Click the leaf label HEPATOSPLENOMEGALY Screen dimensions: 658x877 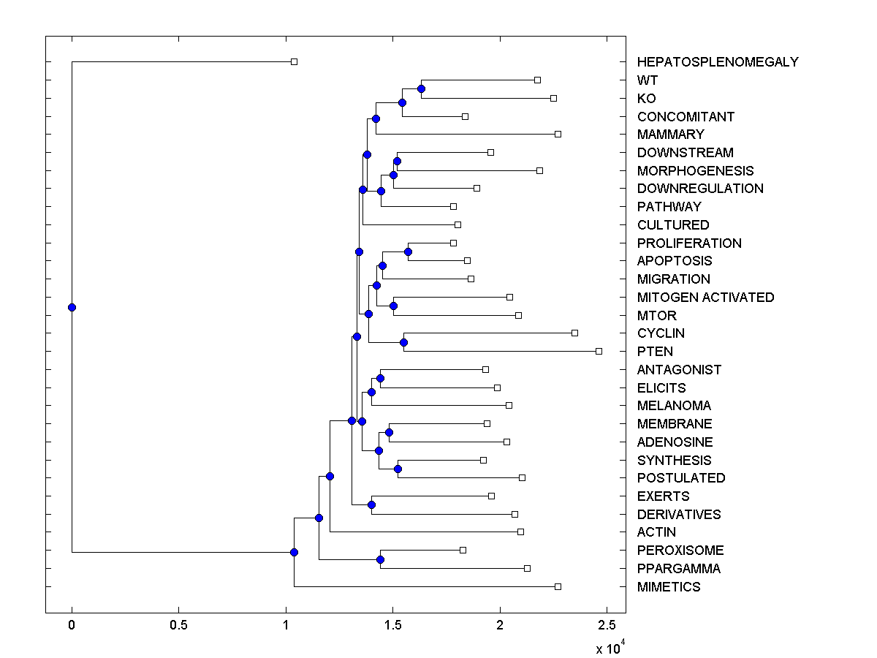coord(718,62)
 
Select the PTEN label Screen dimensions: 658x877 coord(655,352)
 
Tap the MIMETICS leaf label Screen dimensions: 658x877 coord(669,587)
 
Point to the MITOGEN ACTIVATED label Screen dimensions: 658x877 coord(705,298)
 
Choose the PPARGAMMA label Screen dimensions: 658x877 coord(678,569)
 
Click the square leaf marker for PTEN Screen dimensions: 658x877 coord(599,352)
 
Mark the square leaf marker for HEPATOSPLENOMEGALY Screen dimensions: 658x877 coord(294,62)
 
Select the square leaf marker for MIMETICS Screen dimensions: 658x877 coord(558,586)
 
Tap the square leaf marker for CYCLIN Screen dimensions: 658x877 coord(574,333)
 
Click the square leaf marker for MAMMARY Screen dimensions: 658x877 coord(558,135)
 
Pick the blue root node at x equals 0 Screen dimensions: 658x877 coord(72,307)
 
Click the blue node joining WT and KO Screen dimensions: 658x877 coord(421,89)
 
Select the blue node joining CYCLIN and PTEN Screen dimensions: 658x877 coord(403,342)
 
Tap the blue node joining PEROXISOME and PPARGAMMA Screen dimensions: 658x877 coord(380,559)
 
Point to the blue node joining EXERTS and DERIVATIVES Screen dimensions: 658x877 coord(371,504)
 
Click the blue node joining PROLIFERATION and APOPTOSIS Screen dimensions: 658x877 coord(408,252)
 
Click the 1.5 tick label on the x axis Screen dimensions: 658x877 coord(393,626)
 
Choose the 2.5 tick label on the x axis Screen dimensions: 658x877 coord(607,626)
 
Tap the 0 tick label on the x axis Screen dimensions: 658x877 coord(72,626)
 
